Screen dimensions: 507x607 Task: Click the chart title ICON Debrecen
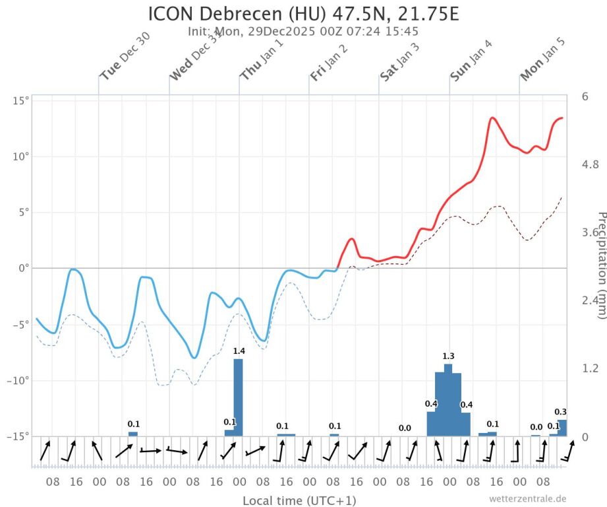(303, 14)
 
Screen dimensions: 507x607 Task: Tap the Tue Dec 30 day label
(125, 57)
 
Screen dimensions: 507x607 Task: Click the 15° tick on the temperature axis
(20, 101)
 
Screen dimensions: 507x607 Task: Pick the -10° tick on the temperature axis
(18, 381)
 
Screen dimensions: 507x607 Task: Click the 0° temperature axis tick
(22, 269)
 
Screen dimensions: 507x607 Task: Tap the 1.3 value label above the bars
(448, 356)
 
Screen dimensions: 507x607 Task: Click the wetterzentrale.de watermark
(528, 498)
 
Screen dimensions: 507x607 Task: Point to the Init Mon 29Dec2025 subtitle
(303, 31)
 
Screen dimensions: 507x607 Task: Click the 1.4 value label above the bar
(239, 351)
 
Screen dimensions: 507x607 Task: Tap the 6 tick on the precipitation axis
(585, 96)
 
